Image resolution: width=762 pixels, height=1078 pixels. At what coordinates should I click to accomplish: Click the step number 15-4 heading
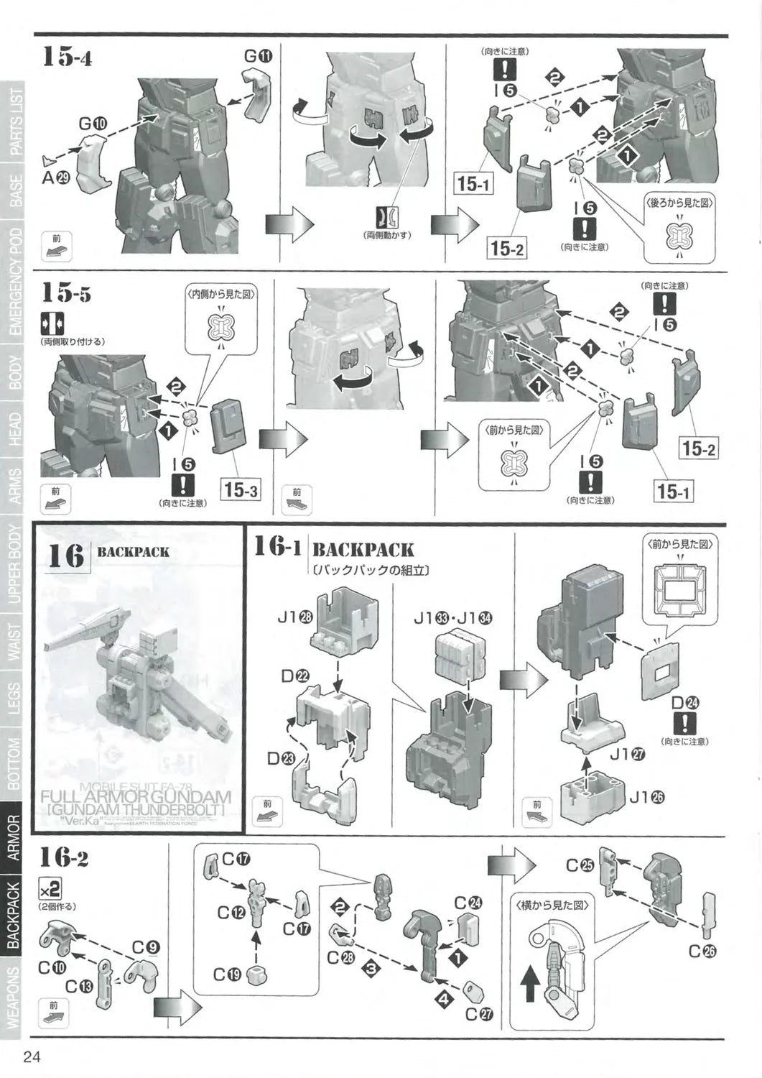coord(67,55)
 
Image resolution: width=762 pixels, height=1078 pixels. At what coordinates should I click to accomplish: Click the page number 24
coord(32,1056)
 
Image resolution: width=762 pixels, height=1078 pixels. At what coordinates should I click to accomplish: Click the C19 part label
coord(229,975)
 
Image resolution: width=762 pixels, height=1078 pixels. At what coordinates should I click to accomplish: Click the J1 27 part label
coord(628,754)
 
